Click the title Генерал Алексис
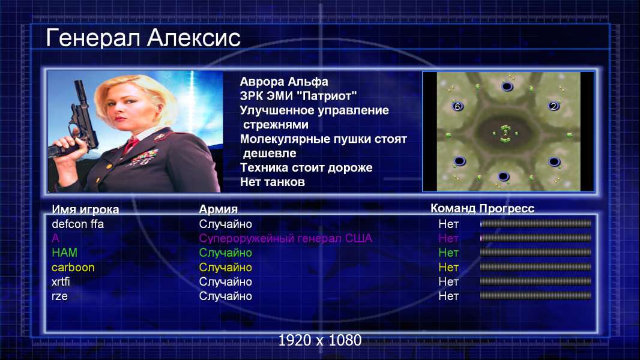(143, 38)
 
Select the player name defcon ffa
(77, 224)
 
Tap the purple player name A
(55, 238)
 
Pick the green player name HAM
(64, 253)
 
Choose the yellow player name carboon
(73, 268)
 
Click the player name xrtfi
(61, 282)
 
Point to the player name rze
(59, 296)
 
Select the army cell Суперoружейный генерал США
(286, 239)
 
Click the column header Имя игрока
(85, 209)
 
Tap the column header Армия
(219, 209)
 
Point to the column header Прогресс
(507, 209)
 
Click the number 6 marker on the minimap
(457, 106)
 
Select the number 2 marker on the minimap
(554, 106)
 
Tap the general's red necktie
(131, 145)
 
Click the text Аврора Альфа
(284, 82)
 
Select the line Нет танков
(273, 182)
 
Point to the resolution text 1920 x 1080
(320, 340)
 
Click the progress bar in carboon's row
(536, 267)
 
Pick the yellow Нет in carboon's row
(448, 268)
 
